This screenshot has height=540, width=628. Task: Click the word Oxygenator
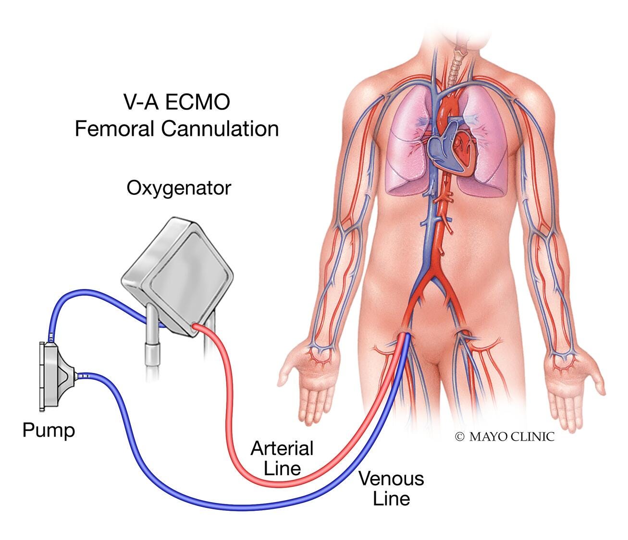pos(179,188)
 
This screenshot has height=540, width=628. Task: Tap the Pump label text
pos(49,430)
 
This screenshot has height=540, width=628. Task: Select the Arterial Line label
pos(282,458)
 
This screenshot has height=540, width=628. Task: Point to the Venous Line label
pos(391,489)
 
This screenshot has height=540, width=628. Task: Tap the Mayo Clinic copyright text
pos(505,436)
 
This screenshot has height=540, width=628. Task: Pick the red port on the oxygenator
pos(196,327)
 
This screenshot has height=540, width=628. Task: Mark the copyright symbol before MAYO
pos(460,436)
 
